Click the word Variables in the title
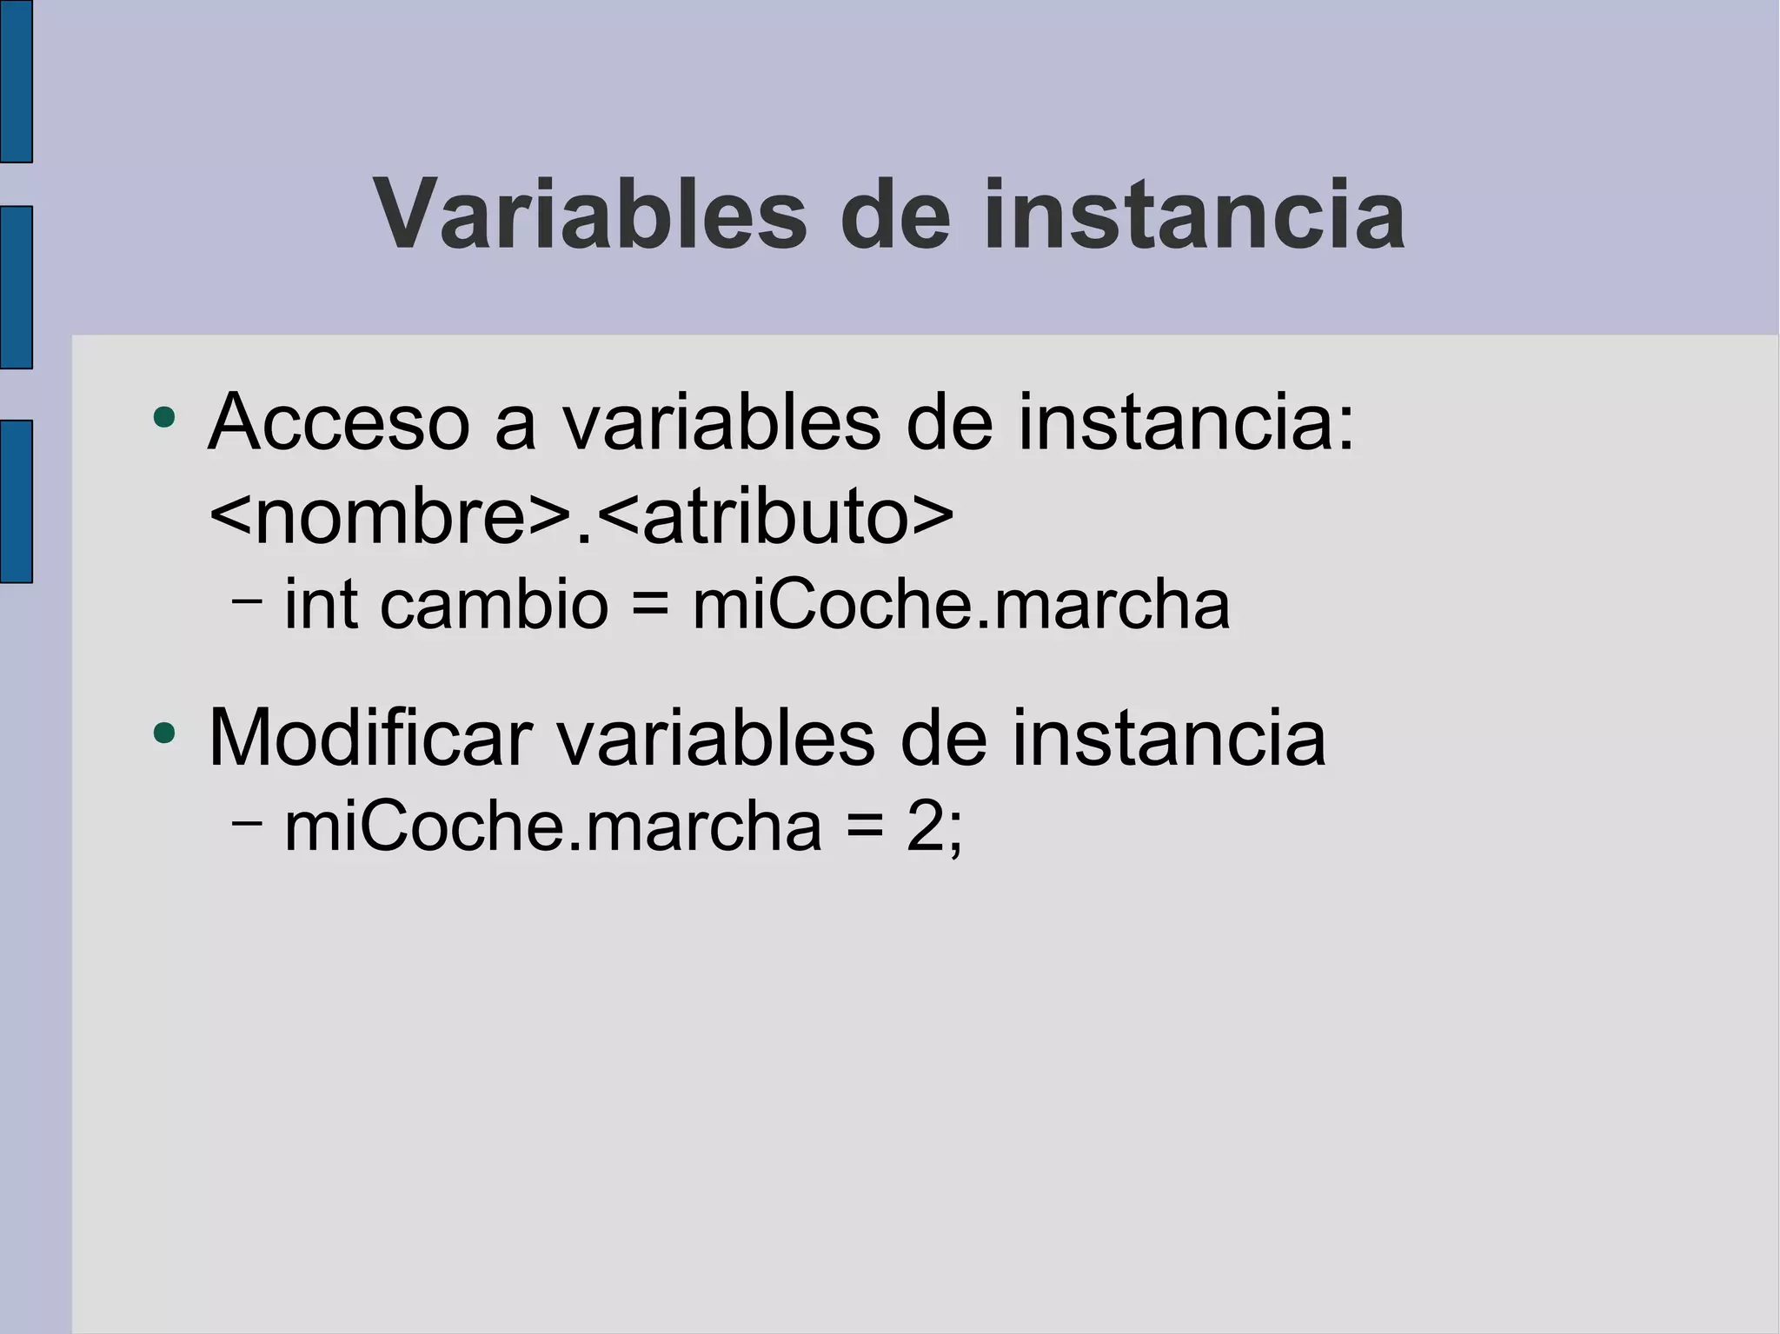pyautogui.click(x=591, y=214)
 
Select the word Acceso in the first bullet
pyautogui.click(x=339, y=423)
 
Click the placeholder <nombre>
pyautogui.click(x=391, y=518)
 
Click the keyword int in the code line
pyautogui.click(x=321, y=605)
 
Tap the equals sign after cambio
pyautogui.click(x=650, y=605)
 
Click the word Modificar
pyautogui.click(x=369, y=739)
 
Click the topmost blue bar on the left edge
pyautogui.click(x=16, y=81)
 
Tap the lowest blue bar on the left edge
pyautogui.click(x=16, y=501)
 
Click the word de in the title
pyautogui.click(x=896, y=214)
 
